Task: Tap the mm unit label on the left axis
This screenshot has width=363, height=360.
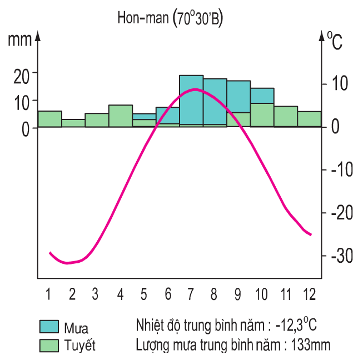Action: pos(20,39)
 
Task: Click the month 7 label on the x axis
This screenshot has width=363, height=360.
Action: pos(191,293)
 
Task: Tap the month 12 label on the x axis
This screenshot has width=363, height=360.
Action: pos(309,293)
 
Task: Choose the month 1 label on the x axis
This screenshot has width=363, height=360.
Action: pos(49,293)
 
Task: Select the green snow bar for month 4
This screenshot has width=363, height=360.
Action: pos(121,116)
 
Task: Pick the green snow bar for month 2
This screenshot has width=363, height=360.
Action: pos(73,123)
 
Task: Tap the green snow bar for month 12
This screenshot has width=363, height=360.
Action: pos(309,119)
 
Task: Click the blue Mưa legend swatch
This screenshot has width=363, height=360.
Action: pos(49,327)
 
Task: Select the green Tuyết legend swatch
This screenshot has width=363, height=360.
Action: pos(49,345)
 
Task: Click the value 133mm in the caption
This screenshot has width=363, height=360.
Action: pos(309,344)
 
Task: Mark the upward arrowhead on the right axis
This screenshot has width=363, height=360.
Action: pos(321,36)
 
